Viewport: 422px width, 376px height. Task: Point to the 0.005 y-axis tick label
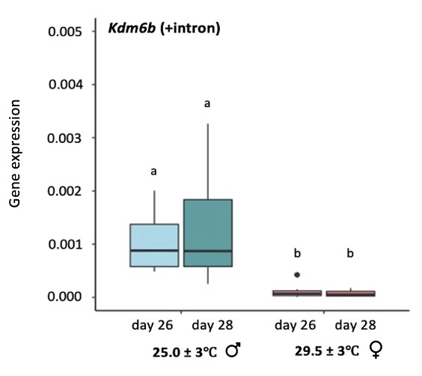[65, 32]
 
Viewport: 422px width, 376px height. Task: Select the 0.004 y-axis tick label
[65, 85]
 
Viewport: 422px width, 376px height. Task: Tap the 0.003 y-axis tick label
[65, 139]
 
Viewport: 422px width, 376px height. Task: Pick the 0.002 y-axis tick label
[65, 192]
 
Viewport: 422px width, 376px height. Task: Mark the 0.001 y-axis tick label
[65, 245]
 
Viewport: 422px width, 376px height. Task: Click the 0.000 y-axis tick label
[65, 297]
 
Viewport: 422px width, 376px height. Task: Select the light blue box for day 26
[154, 245]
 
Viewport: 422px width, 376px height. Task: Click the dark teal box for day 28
[207, 232]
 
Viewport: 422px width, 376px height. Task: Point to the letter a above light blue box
[153, 172]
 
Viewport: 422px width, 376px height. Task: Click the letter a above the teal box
[207, 103]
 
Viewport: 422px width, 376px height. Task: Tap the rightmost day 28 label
[355, 326]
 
